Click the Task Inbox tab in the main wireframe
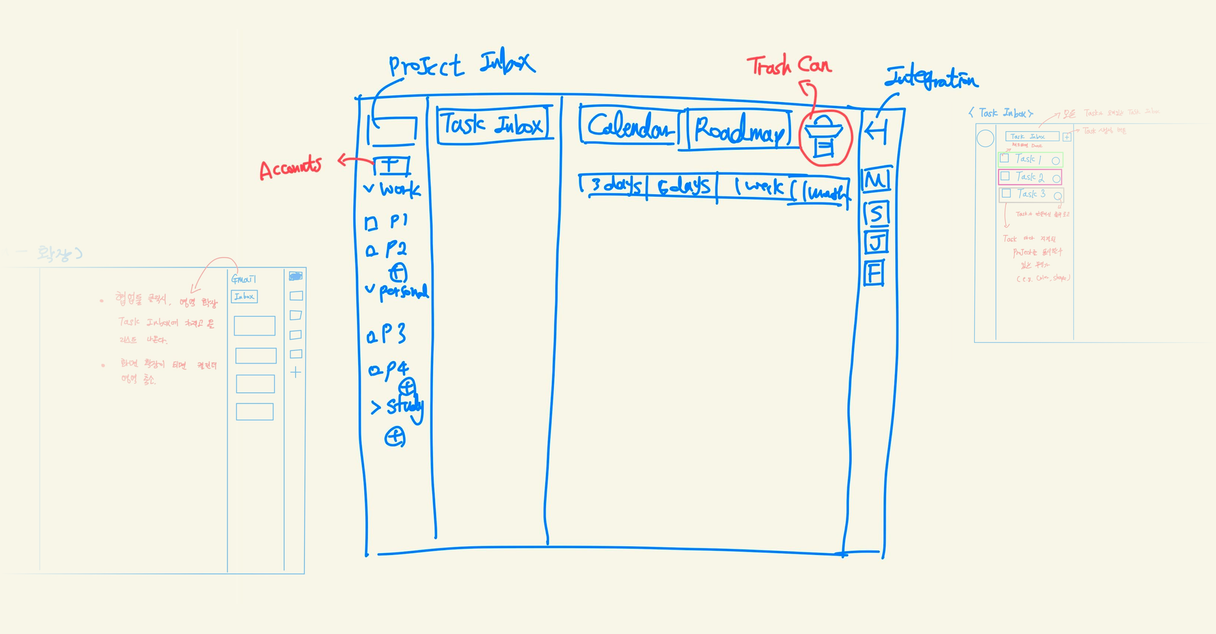click(x=493, y=125)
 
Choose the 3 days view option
click(x=615, y=185)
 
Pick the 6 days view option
click(x=683, y=186)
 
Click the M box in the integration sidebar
click(x=876, y=180)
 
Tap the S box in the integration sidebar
click(x=876, y=214)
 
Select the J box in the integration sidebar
click(x=876, y=242)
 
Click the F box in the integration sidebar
click(x=874, y=272)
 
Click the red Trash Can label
click(x=789, y=65)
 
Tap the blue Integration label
click(x=931, y=78)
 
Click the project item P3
click(x=393, y=334)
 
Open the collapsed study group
click(x=376, y=407)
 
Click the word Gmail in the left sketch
click(x=243, y=279)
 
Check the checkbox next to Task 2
click(x=1005, y=176)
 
